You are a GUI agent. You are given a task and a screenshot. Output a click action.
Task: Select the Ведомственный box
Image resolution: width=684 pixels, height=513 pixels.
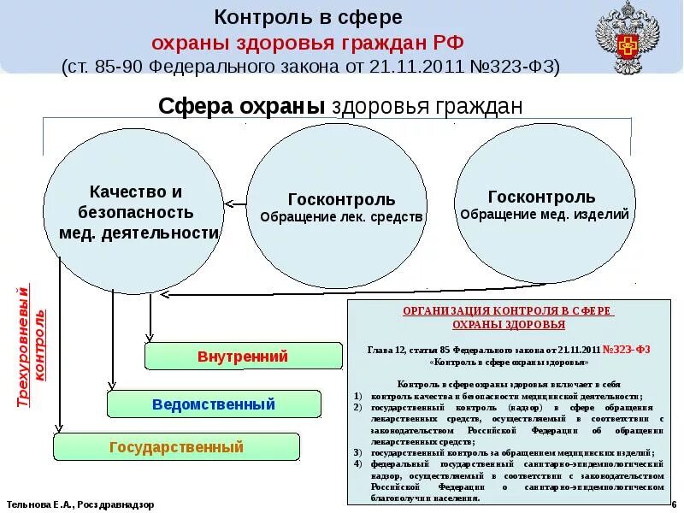[x=214, y=404]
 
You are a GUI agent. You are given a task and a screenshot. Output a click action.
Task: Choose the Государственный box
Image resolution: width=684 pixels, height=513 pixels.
[x=176, y=446]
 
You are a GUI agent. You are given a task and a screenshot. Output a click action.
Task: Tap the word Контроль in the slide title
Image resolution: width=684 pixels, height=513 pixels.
[x=253, y=17]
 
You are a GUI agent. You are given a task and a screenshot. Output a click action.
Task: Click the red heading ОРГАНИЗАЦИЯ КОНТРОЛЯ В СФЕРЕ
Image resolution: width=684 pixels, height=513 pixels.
[x=508, y=311]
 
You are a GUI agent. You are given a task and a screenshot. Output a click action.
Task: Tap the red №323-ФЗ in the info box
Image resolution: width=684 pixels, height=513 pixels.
[x=627, y=350]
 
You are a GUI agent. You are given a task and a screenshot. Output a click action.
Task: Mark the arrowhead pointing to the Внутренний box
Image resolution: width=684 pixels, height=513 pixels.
[x=150, y=341]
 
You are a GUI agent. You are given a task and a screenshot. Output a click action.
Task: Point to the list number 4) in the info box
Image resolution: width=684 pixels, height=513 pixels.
[x=357, y=463]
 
